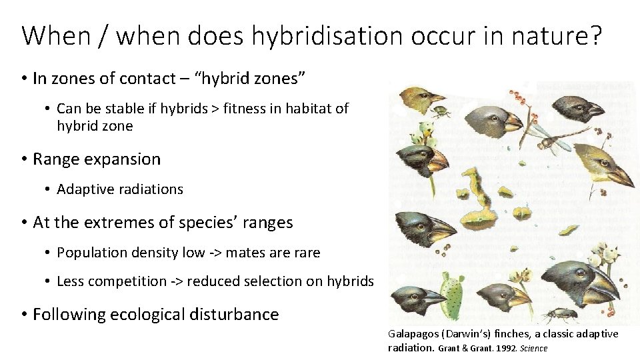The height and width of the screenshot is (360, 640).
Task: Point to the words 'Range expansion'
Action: click(x=97, y=159)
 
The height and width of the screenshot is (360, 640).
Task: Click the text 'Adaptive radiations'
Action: click(x=120, y=189)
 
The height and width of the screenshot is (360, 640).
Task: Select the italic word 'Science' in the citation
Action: click(x=534, y=348)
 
